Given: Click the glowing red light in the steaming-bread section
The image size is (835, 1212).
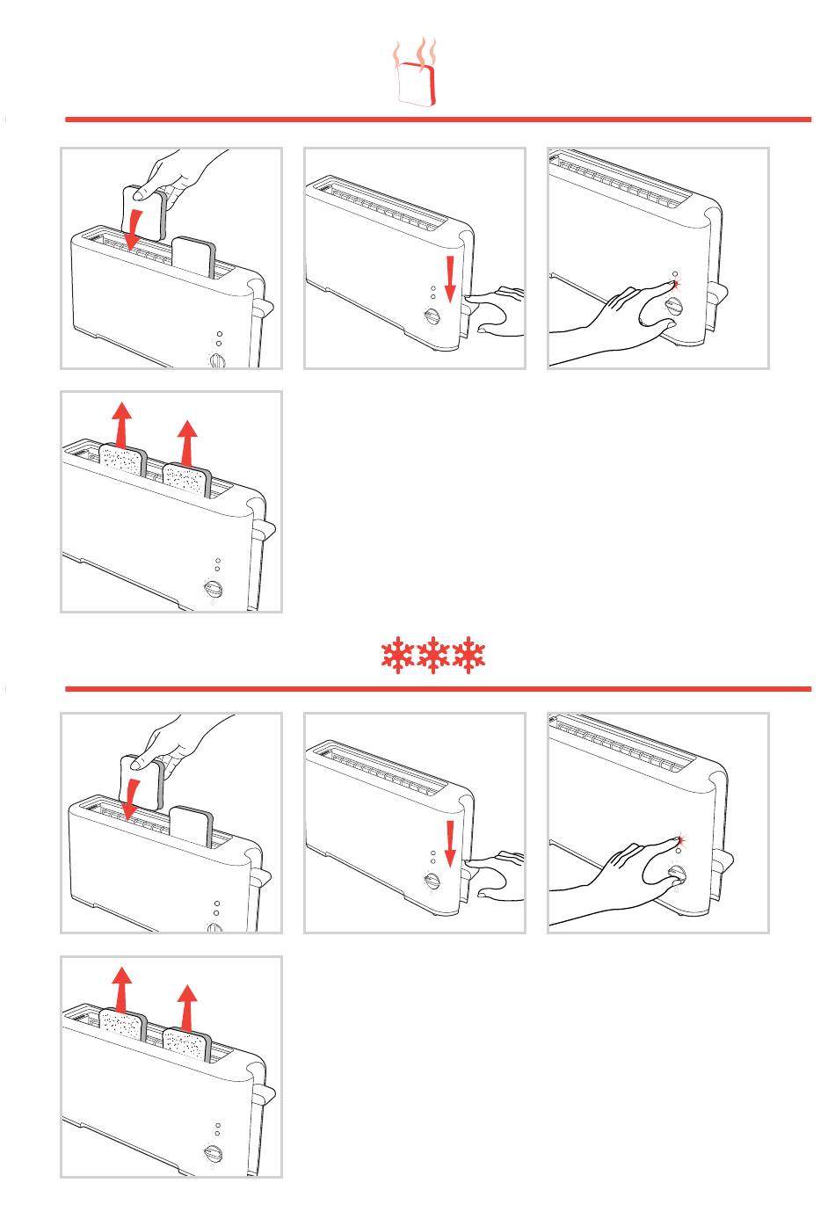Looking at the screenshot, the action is (x=674, y=285).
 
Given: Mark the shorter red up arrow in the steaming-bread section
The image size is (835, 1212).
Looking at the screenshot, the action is (x=186, y=440).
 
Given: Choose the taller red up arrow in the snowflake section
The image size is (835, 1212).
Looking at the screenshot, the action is (x=121, y=986).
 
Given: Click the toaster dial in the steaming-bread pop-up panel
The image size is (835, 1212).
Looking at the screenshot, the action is (x=212, y=591).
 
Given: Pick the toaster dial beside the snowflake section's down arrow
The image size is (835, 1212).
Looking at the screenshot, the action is (x=432, y=882).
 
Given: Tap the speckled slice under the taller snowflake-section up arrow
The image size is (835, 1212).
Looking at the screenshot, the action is (x=122, y=1027).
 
